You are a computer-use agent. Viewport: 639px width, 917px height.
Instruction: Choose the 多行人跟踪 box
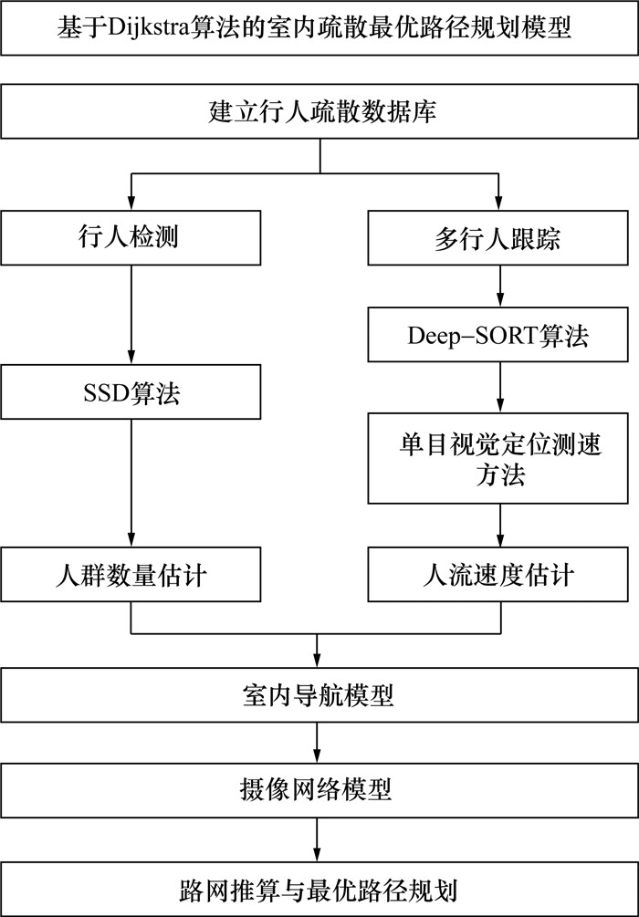pyautogui.click(x=499, y=240)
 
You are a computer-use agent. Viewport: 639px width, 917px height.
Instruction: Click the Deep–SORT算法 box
pyautogui.click(x=499, y=335)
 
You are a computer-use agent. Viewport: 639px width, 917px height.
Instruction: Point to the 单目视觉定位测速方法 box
pyautogui.click(x=499, y=457)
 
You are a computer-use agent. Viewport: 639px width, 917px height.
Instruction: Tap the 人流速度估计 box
pyautogui.click(x=499, y=576)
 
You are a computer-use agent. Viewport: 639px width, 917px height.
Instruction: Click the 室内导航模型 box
pyautogui.click(x=319, y=696)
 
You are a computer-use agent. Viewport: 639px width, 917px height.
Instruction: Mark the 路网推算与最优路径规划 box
pyautogui.click(x=319, y=886)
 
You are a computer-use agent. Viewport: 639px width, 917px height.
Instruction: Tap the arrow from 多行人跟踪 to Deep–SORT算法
pyautogui.click(x=499, y=287)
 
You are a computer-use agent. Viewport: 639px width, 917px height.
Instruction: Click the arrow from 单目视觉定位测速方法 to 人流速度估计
pyautogui.click(x=499, y=526)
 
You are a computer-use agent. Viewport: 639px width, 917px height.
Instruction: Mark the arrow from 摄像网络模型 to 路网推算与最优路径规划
pyautogui.click(x=319, y=838)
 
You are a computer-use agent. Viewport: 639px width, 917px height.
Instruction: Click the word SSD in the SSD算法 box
pyautogui.click(x=102, y=393)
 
